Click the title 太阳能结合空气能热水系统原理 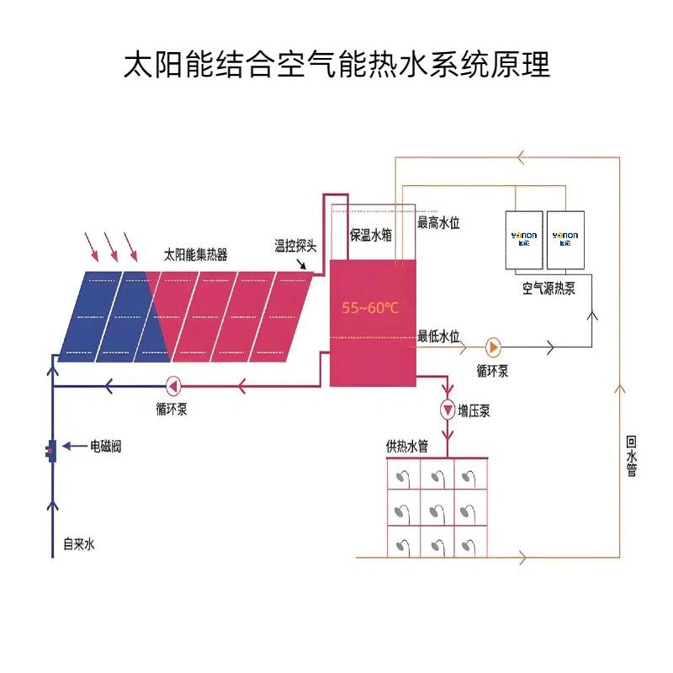coord(336,65)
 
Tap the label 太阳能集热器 coord(195,255)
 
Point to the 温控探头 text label coord(295,246)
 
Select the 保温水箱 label coord(371,236)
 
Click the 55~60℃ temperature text coord(370,308)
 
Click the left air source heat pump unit coord(524,239)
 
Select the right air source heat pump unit coord(565,239)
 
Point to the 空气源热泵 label coord(548,289)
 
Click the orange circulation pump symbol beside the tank coord(492,347)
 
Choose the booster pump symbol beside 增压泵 coord(448,410)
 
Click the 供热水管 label coord(407,447)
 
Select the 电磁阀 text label coord(105,447)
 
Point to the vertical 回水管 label coord(631,456)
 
